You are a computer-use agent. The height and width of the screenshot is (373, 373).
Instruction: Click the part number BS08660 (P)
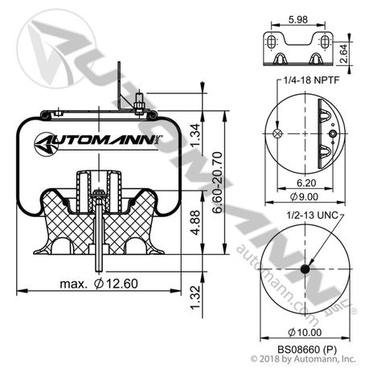click(x=303, y=350)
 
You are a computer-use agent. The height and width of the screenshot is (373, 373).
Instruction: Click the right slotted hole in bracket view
click(x=326, y=42)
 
